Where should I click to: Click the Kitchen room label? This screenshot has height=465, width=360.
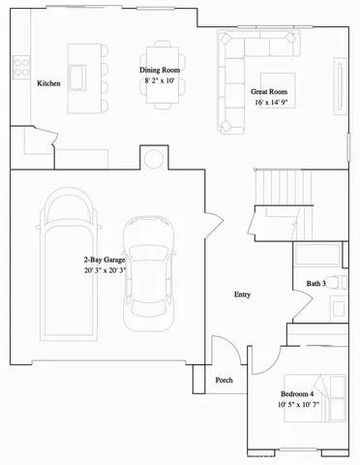click(49, 84)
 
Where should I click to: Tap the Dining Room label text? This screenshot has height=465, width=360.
click(161, 70)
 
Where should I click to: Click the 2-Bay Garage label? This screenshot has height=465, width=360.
click(104, 260)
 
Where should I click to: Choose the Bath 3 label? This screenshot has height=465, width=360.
click(316, 283)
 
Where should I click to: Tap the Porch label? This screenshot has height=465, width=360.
click(224, 380)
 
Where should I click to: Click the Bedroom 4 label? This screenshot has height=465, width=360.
click(297, 393)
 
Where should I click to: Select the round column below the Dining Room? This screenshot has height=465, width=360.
click(152, 158)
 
